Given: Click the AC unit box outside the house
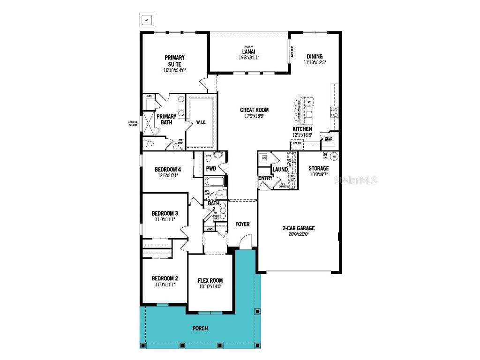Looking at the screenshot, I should pos(147,20).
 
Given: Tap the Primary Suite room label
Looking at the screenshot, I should pos(174,61).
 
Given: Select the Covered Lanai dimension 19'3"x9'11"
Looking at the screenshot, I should pos(248,58).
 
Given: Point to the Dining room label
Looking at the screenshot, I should pos(315,56).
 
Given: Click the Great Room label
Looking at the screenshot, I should pos(254,110).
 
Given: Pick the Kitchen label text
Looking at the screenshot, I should pos(302,129).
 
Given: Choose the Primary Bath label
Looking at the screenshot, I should pos(166,119).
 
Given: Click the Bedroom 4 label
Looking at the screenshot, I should pos(167,169).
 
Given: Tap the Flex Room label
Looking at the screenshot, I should pos(210,281).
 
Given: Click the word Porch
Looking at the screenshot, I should pos(200,328).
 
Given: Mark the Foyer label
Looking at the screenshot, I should pos(242,224).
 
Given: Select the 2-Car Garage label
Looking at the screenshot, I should pos(299,228).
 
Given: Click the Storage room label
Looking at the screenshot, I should pos(319,168).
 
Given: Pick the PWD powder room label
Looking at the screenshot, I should pos(211,168).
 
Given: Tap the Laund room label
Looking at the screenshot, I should pos(280,169).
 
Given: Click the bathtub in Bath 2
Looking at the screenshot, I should pos(214,182).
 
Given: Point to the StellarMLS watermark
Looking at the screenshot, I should pos(355,180).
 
